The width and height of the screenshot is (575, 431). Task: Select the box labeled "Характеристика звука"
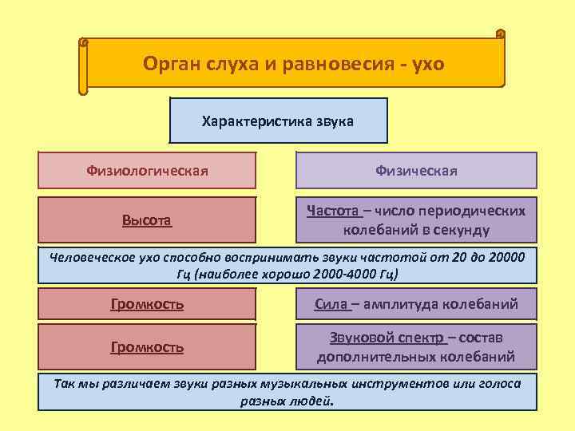(279, 121)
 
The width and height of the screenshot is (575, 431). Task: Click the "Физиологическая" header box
(148, 170)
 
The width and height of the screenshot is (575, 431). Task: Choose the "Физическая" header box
(416, 170)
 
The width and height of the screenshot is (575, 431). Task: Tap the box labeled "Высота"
(148, 219)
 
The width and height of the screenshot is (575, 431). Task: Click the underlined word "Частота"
(333, 211)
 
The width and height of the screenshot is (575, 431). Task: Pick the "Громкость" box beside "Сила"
(148, 304)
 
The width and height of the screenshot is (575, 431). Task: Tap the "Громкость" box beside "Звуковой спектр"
(148, 347)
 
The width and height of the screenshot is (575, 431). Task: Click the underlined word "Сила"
(331, 304)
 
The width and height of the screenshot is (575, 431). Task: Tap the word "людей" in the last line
(313, 401)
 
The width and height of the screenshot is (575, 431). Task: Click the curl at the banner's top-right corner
(500, 34)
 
